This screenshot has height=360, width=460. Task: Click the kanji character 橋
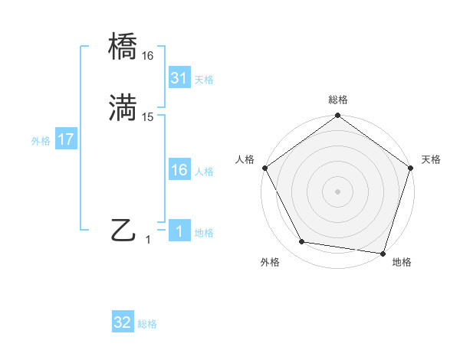pyautogui.click(x=123, y=48)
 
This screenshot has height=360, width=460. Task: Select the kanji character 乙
pyautogui.click(x=123, y=230)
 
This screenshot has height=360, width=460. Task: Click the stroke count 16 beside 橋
pyautogui.click(x=147, y=56)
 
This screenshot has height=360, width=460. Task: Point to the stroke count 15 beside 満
pyautogui.click(x=148, y=116)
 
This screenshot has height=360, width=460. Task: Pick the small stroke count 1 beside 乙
pyautogui.click(x=148, y=239)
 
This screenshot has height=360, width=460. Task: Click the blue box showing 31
pyautogui.click(x=179, y=77)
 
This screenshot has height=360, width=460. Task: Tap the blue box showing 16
pyautogui.click(x=179, y=170)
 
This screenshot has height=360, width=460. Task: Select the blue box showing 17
pyautogui.click(x=65, y=140)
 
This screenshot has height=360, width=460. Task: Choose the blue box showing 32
pyautogui.click(x=123, y=322)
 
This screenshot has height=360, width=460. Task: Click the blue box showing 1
pyautogui.click(x=179, y=231)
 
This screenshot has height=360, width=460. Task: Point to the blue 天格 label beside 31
pyautogui.click(x=204, y=79)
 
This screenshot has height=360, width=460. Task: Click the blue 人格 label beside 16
pyautogui.click(x=204, y=172)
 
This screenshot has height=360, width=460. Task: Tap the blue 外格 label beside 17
pyautogui.click(x=41, y=141)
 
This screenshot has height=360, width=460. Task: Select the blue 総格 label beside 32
pyautogui.click(x=147, y=324)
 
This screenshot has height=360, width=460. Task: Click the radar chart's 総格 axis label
pyautogui.click(x=337, y=100)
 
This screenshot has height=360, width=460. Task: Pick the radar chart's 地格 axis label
pyautogui.click(x=402, y=262)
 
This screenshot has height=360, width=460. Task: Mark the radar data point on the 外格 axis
pyautogui.click(x=301, y=242)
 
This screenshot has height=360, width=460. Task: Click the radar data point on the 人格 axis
pyautogui.click(x=264, y=168)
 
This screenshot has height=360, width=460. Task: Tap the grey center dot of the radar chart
pyautogui.click(x=337, y=191)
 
